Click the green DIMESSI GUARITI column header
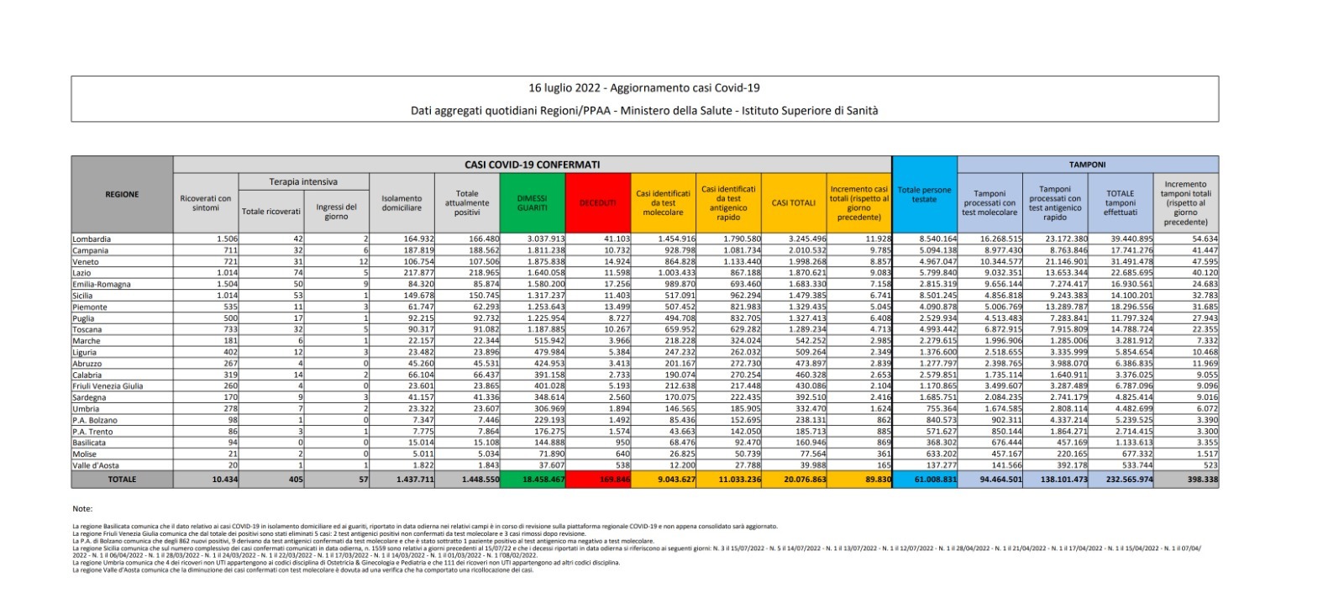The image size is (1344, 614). click(x=532, y=203)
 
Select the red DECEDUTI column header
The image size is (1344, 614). click(x=597, y=203)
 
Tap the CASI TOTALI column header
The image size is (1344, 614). click(x=793, y=203)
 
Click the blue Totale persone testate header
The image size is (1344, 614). click(x=924, y=195)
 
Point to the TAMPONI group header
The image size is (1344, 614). click(x=1087, y=165)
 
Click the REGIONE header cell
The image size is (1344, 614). click(x=122, y=195)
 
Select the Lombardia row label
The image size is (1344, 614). click(x=92, y=239)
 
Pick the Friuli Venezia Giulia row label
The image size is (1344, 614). click(x=108, y=386)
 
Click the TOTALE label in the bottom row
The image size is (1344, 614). click(x=122, y=480)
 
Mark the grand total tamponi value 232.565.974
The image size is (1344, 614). click(x=1122, y=480)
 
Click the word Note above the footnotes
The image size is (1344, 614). click(x=82, y=509)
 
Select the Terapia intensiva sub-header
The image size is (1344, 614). click(x=303, y=181)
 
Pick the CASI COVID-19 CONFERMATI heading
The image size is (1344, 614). click(x=532, y=165)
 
